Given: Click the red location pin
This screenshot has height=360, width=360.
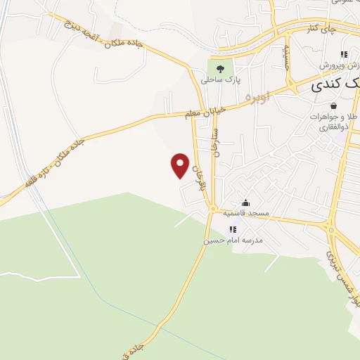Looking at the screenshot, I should pos(181,165).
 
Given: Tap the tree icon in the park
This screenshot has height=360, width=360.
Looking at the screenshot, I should pos(221,69).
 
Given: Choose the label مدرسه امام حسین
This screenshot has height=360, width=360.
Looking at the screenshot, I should pos(233,240).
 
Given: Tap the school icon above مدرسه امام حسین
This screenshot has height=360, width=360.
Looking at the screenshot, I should pos(233,229).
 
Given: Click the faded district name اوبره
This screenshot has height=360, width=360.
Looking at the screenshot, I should pos(258,98).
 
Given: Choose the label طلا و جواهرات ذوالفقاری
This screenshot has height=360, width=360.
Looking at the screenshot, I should pos(330,122).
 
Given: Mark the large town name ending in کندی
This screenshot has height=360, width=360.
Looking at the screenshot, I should pos(334,86).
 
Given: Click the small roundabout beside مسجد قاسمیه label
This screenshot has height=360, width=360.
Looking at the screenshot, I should pos(212,210).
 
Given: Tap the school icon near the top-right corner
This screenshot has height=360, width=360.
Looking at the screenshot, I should pos(344,54).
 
